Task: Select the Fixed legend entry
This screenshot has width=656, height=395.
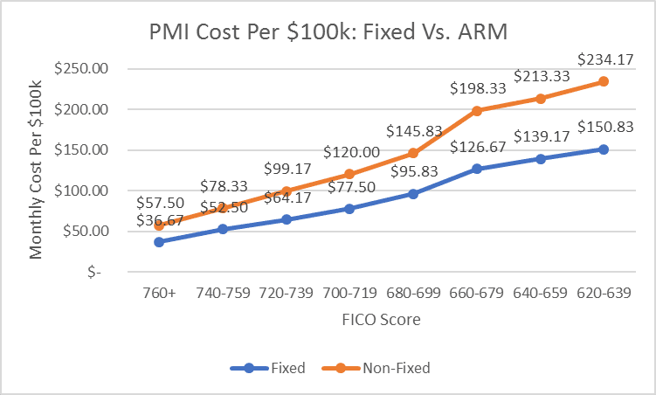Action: click(267, 368)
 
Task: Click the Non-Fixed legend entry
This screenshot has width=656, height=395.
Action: click(388, 368)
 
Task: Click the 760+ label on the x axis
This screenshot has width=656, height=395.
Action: click(158, 295)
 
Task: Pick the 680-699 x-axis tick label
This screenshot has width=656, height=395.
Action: click(412, 295)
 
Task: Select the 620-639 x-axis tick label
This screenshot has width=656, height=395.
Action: click(603, 295)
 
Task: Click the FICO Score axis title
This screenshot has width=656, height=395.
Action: click(381, 320)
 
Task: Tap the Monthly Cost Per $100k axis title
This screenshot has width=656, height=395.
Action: click(37, 170)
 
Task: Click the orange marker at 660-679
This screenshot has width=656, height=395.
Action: click(476, 111)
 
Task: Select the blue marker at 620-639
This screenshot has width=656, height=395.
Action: click(603, 149)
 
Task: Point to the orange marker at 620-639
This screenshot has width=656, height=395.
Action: click(603, 81)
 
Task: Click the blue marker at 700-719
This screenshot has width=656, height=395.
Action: click(349, 209)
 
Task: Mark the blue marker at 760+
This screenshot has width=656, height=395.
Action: click(158, 242)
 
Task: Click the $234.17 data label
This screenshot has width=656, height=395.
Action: click(603, 60)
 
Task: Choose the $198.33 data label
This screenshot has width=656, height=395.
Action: click(476, 89)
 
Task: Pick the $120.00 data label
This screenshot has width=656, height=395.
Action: click(349, 152)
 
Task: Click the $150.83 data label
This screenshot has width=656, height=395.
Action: click(603, 128)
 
